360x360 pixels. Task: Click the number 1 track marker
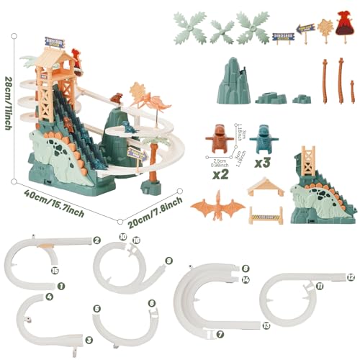60,285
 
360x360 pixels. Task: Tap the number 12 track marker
350,276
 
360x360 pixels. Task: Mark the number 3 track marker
89,339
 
